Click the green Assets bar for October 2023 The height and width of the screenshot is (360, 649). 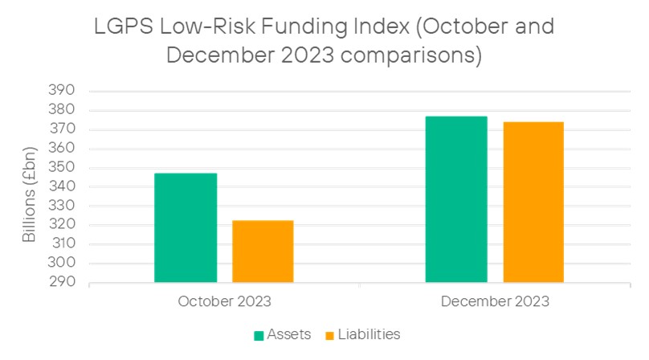point(186,228)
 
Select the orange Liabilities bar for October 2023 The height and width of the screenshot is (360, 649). point(263,252)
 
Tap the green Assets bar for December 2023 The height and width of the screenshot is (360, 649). point(456,199)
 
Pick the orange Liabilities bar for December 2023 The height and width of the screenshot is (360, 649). point(533,202)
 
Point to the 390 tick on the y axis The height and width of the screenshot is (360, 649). point(61,90)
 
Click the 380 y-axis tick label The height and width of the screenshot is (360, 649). point(61,109)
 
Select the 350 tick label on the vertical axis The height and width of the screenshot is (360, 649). point(61,167)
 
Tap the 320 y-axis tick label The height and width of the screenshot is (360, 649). point(61,224)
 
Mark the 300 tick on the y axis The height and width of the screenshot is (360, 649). point(61,262)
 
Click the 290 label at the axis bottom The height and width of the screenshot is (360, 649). point(62,282)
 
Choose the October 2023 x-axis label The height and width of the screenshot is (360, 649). point(224,301)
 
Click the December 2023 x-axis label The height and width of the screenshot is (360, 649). point(495,301)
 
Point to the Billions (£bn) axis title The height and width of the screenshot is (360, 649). point(29,194)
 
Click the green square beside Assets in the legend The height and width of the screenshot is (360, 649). point(259,336)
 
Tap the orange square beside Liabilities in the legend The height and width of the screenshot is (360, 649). point(329,336)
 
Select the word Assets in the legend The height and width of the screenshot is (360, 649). point(289,334)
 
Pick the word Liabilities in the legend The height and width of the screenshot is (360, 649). point(369,334)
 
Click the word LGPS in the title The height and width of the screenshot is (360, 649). point(124,27)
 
